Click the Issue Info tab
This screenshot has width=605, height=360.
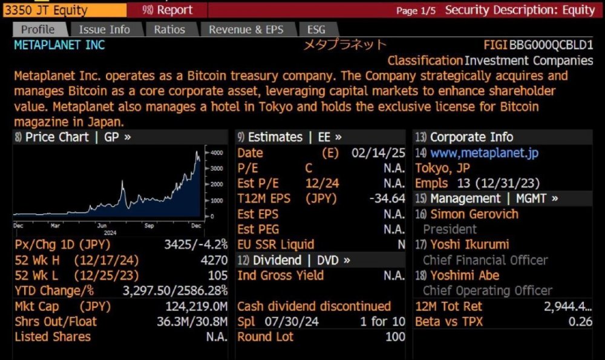click(x=104, y=29)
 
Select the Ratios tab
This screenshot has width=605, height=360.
click(x=169, y=29)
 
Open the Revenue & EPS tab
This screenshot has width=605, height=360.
click(x=246, y=29)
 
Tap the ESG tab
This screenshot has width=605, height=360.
click(x=316, y=29)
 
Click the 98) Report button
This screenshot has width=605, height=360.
click(x=168, y=10)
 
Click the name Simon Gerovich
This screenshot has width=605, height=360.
click(x=474, y=214)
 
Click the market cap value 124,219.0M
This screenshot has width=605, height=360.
click(x=197, y=306)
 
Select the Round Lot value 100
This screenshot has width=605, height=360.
click(x=395, y=337)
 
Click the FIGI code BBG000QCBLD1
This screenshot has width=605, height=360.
click(x=552, y=45)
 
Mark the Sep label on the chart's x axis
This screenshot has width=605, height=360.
click(x=149, y=225)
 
